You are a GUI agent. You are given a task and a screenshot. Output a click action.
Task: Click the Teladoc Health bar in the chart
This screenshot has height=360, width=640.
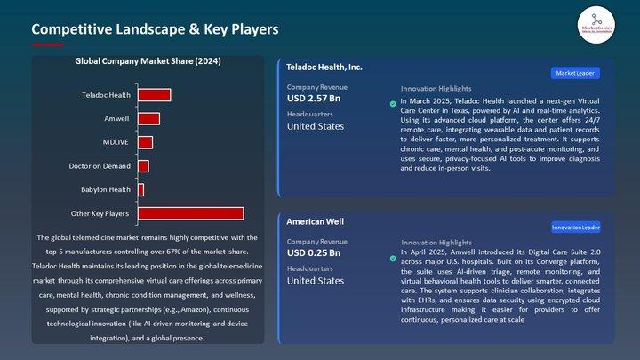(x=154, y=95)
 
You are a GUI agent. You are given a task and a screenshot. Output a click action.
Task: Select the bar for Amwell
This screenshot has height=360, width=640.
(x=148, y=118)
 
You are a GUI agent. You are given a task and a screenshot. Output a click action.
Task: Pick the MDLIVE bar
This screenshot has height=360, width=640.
(x=145, y=142)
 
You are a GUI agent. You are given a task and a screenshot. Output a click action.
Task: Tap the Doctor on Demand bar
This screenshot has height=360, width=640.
(x=143, y=166)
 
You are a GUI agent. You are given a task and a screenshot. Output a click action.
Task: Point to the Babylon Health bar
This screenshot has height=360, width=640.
(x=140, y=189)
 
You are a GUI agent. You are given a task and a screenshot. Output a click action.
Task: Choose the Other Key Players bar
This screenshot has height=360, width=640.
(x=190, y=213)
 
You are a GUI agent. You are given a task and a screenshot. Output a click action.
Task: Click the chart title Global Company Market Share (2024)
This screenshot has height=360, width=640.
(x=148, y=61)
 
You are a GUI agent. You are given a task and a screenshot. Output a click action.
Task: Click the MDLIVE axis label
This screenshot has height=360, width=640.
(x=116, y=142)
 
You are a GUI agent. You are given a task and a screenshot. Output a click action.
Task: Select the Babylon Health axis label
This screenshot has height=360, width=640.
(x=106, y=189)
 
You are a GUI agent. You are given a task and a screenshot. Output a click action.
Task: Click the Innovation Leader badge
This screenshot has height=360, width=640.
(x=576, y=228)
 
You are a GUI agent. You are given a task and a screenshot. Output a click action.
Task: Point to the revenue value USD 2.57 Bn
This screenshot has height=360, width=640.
(x=313, y=98)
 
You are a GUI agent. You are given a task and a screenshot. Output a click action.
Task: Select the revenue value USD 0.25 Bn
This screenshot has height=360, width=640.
(x=313, y=252)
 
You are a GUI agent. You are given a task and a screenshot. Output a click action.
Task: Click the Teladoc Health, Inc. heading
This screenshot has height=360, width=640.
(x=324, y=67)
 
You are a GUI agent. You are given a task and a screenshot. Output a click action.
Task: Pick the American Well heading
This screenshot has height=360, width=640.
(x=315, y=221)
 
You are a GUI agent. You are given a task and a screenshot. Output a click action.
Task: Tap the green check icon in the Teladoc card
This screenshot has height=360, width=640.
(x=393, y=104)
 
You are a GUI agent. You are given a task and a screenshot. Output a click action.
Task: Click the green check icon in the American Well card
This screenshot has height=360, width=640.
(x=393, y=259)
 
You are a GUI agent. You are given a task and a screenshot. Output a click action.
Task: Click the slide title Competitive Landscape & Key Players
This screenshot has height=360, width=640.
(x=155, y=29)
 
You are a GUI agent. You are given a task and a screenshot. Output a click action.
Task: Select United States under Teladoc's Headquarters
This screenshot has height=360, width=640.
(x=315, y=126)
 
